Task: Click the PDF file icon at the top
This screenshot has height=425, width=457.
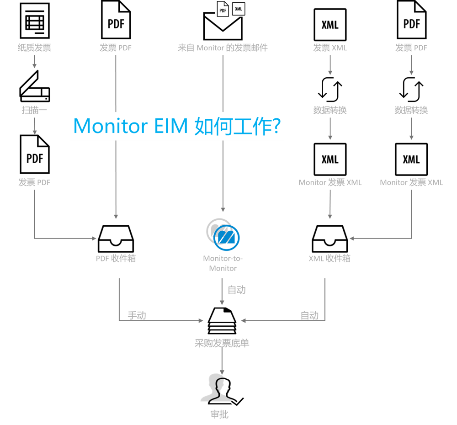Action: pyautogui.click(x=223, y=9)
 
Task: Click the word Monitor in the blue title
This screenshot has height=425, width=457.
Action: pyautogui.click(x=106, y=126)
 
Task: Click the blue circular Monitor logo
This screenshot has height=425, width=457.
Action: pyautogui.click(x=227, y=237)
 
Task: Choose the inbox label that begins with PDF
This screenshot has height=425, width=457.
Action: pyautogui.click(x=116, y=258)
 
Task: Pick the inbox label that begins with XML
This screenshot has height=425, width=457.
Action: pyautogui.click(x=329, y=258)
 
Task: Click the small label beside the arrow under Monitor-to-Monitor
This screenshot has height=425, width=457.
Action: pyautogui.click(x=237, y=290)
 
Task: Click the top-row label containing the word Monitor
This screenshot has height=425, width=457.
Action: pyautogui.click(x=223, y=48)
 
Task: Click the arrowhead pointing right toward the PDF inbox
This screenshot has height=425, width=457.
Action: pyautogui.click(x=95, y=238)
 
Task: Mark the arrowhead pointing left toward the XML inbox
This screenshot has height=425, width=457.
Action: pyautogui.click(x=351, y=238)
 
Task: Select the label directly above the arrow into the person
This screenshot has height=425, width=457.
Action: pyautogui.click(x=222, y=343)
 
